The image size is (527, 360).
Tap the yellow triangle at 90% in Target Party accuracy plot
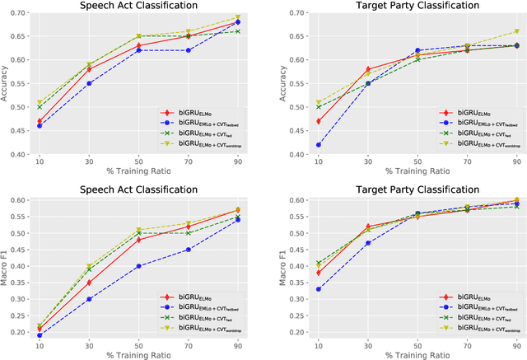(x=516, y=31)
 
